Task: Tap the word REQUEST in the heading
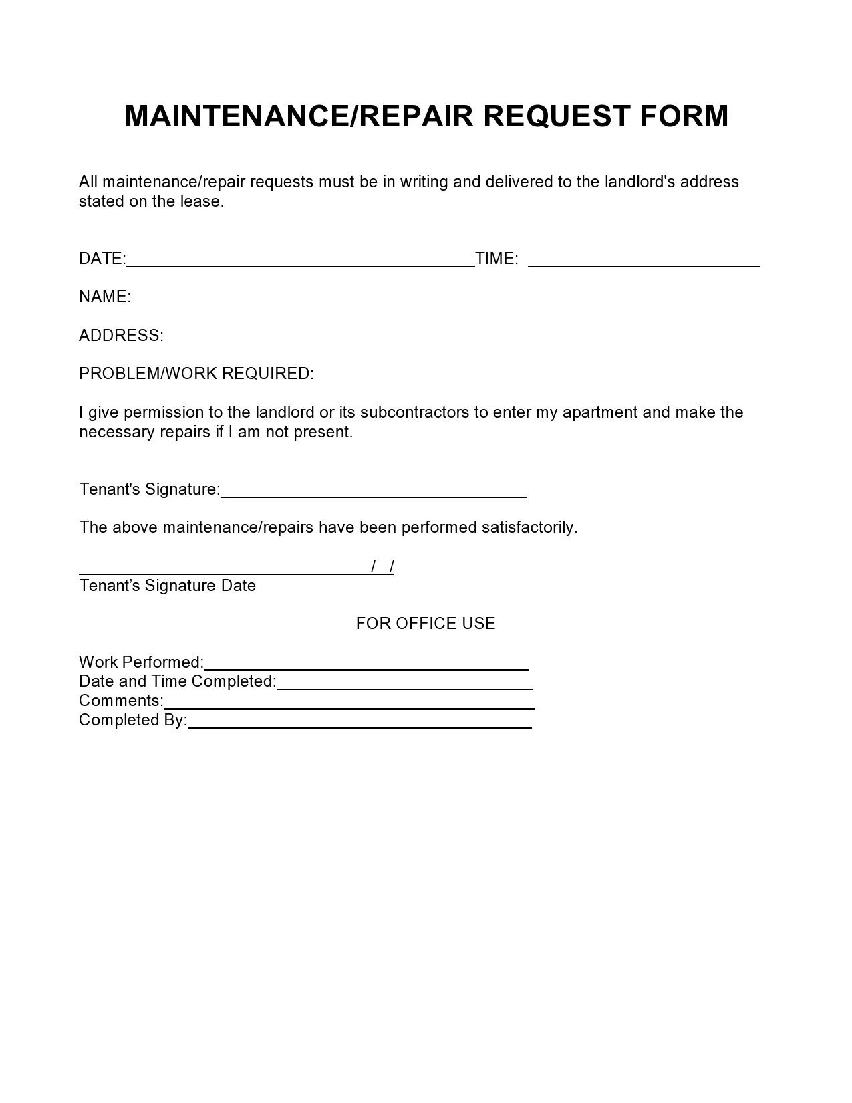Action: point(556,116)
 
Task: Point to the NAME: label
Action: point(105,297)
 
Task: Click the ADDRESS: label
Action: point(121,336)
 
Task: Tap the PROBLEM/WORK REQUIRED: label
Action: point(196,374)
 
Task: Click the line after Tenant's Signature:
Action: point(374,491)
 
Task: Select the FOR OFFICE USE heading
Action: point(426,624)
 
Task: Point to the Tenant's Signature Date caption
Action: point(167,586)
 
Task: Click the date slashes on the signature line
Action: point(382,566)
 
